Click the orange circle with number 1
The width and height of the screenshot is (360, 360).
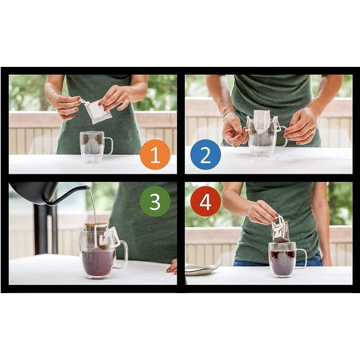click(x=155, y=154)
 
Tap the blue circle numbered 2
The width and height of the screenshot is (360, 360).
click(x=205, y=154)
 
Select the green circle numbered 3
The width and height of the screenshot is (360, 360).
click(x=155, y=201)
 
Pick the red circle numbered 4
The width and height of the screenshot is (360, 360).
click(x=205, y=201)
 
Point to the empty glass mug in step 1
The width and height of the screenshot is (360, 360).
click(x=92, y=147)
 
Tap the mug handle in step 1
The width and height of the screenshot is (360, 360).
click(x=109, y=146)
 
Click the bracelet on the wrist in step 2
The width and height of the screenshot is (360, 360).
click(x=228, y=115)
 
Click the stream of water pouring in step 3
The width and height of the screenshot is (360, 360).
click(x=93, y=206)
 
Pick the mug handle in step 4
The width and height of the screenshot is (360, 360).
click(x=302, y=258)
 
